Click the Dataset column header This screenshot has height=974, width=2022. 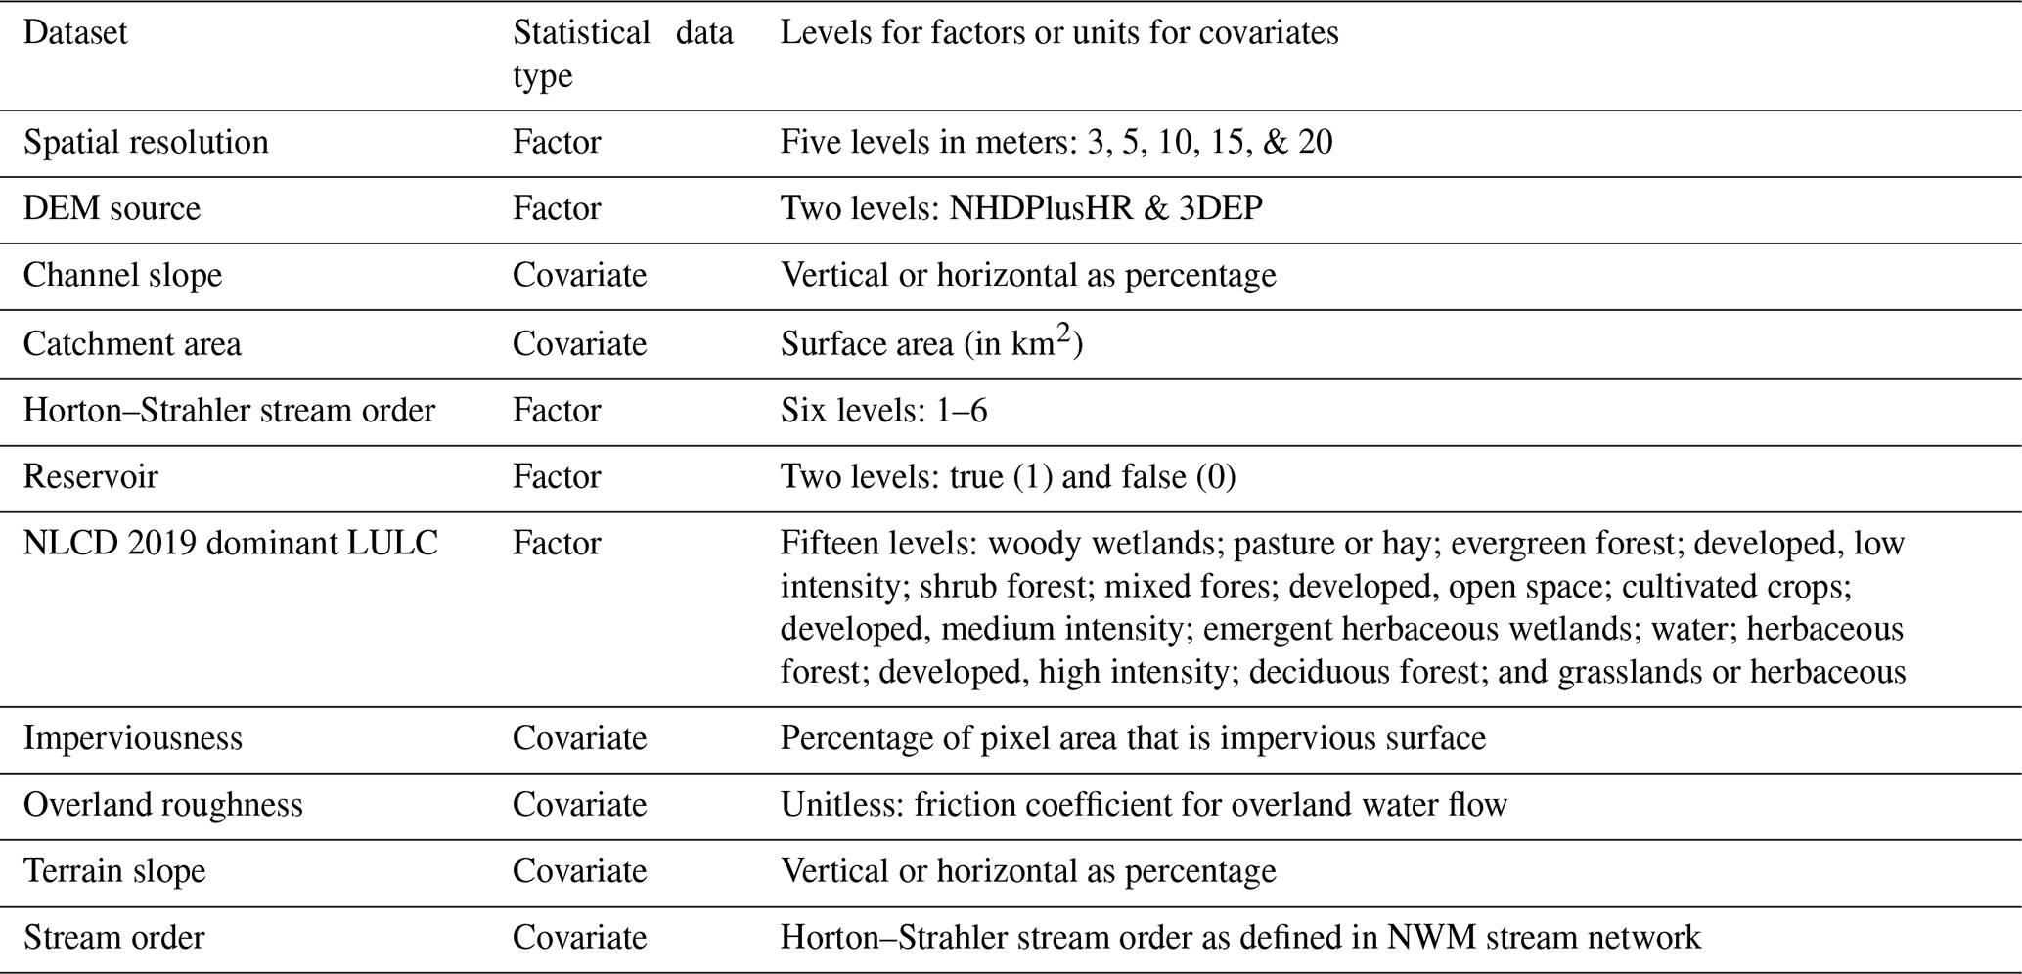(75, 33)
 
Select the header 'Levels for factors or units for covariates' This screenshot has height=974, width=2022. (1058, 33)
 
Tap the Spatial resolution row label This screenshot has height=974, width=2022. (146, 143)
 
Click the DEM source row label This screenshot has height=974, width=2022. (112, 209)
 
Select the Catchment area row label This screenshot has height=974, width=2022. (132, 344)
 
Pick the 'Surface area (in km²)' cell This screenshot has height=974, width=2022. (930, 344)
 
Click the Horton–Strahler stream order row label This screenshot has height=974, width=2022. (229, 411)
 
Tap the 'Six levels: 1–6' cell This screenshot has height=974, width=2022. (883, 411)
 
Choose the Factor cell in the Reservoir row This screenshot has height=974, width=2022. (557, 477)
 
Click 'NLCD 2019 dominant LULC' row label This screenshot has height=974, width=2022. (231, 544)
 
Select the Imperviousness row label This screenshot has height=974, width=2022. (133, 738)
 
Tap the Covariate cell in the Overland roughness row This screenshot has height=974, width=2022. (579, 805)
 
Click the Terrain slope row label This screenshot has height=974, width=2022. (114, 871)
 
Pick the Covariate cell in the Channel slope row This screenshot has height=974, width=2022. (579, 276)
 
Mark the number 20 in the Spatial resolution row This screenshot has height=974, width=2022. (1315, 143)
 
